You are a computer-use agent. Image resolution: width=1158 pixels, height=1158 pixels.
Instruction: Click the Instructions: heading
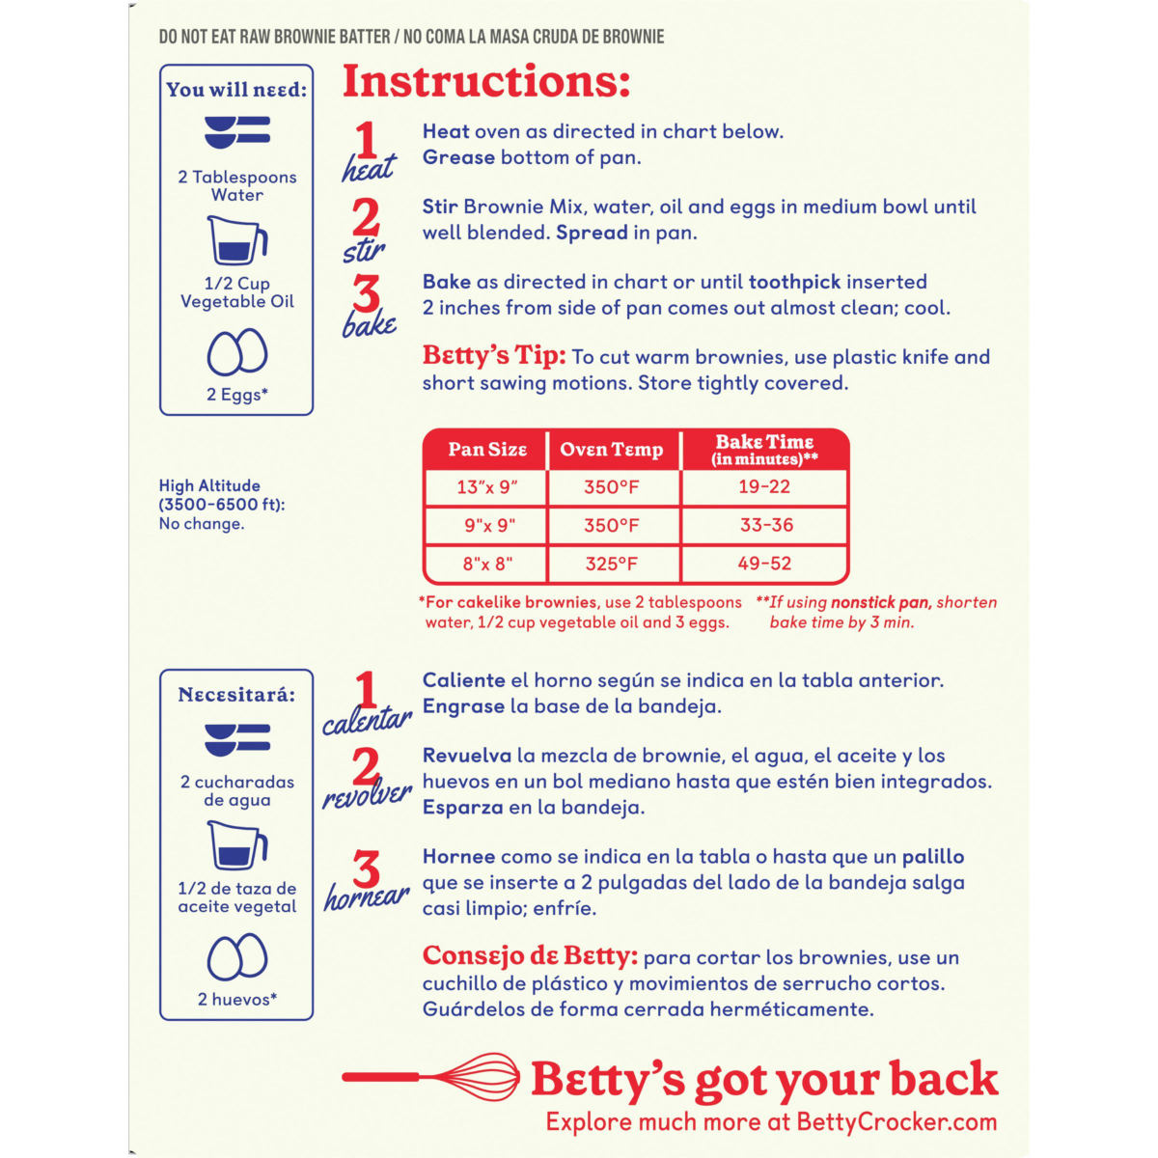point(486,82)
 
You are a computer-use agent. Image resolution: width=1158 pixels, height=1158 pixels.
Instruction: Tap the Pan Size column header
point(486,450)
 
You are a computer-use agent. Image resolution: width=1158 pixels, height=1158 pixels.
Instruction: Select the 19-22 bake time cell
point(764,487)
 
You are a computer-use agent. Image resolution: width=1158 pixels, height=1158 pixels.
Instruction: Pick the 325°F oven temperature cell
point(612,565)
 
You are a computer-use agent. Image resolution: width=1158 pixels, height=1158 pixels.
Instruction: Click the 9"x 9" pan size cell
point(486,526)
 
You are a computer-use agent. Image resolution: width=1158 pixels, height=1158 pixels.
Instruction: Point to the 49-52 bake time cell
point(764,565)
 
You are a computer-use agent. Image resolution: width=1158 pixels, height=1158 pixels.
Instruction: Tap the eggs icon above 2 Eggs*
point(237,352)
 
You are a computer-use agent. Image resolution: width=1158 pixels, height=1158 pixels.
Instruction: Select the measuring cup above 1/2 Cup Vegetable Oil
point(237,241)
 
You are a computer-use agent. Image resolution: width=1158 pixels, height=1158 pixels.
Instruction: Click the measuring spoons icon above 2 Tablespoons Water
point(237,131)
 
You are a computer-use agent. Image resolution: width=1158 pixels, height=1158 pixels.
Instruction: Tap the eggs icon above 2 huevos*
point(237,957)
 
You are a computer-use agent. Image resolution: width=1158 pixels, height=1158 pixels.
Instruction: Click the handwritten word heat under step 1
point(369,170)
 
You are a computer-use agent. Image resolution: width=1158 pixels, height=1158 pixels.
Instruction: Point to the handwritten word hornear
point(367,897)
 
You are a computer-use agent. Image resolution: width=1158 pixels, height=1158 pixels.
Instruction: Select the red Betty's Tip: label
point(493,355)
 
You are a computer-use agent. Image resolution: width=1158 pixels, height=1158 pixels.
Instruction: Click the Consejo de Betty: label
point(530,956)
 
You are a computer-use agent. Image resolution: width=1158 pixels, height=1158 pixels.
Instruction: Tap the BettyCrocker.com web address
point(896,1121)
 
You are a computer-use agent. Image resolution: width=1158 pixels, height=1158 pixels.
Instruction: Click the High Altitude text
point(209,486)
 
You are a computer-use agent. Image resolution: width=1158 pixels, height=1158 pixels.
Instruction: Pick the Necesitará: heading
point(236,695)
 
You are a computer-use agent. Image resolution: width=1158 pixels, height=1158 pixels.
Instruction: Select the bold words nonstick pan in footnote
point(880,602)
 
